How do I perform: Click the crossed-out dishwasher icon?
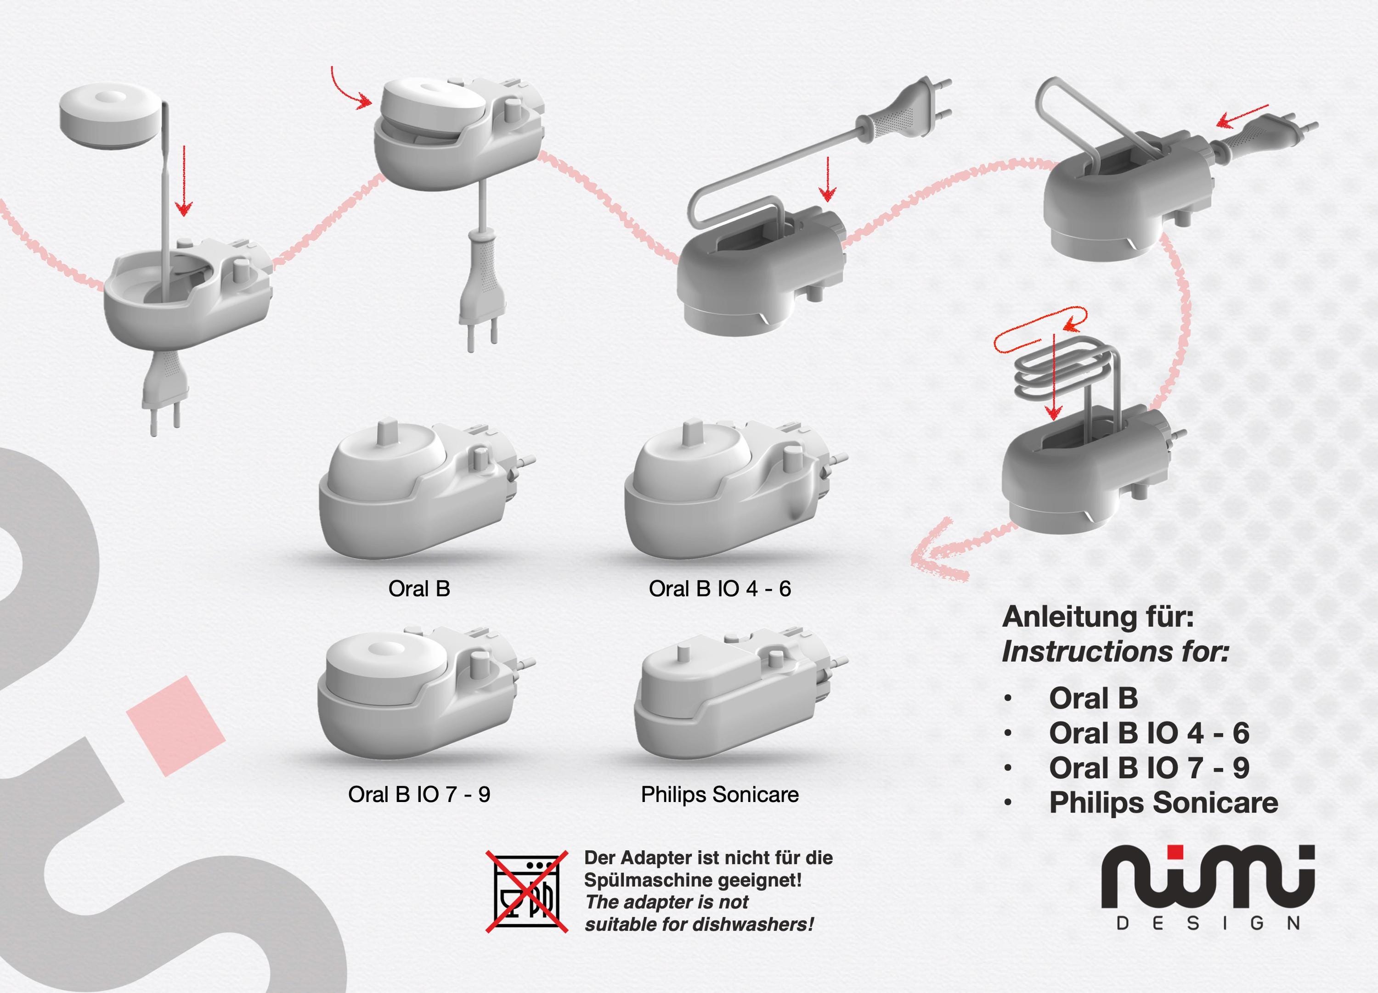tap(526, 891)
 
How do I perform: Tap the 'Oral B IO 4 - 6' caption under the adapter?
tap(720, 589)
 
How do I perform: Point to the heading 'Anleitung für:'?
tap(1098, 617)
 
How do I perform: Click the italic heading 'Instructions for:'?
tap(1115, 652)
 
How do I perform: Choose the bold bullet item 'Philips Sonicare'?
tap(1163, 803)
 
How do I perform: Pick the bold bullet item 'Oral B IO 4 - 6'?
tap(1149, 733)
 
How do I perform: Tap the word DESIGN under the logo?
tap(1209, 924)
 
